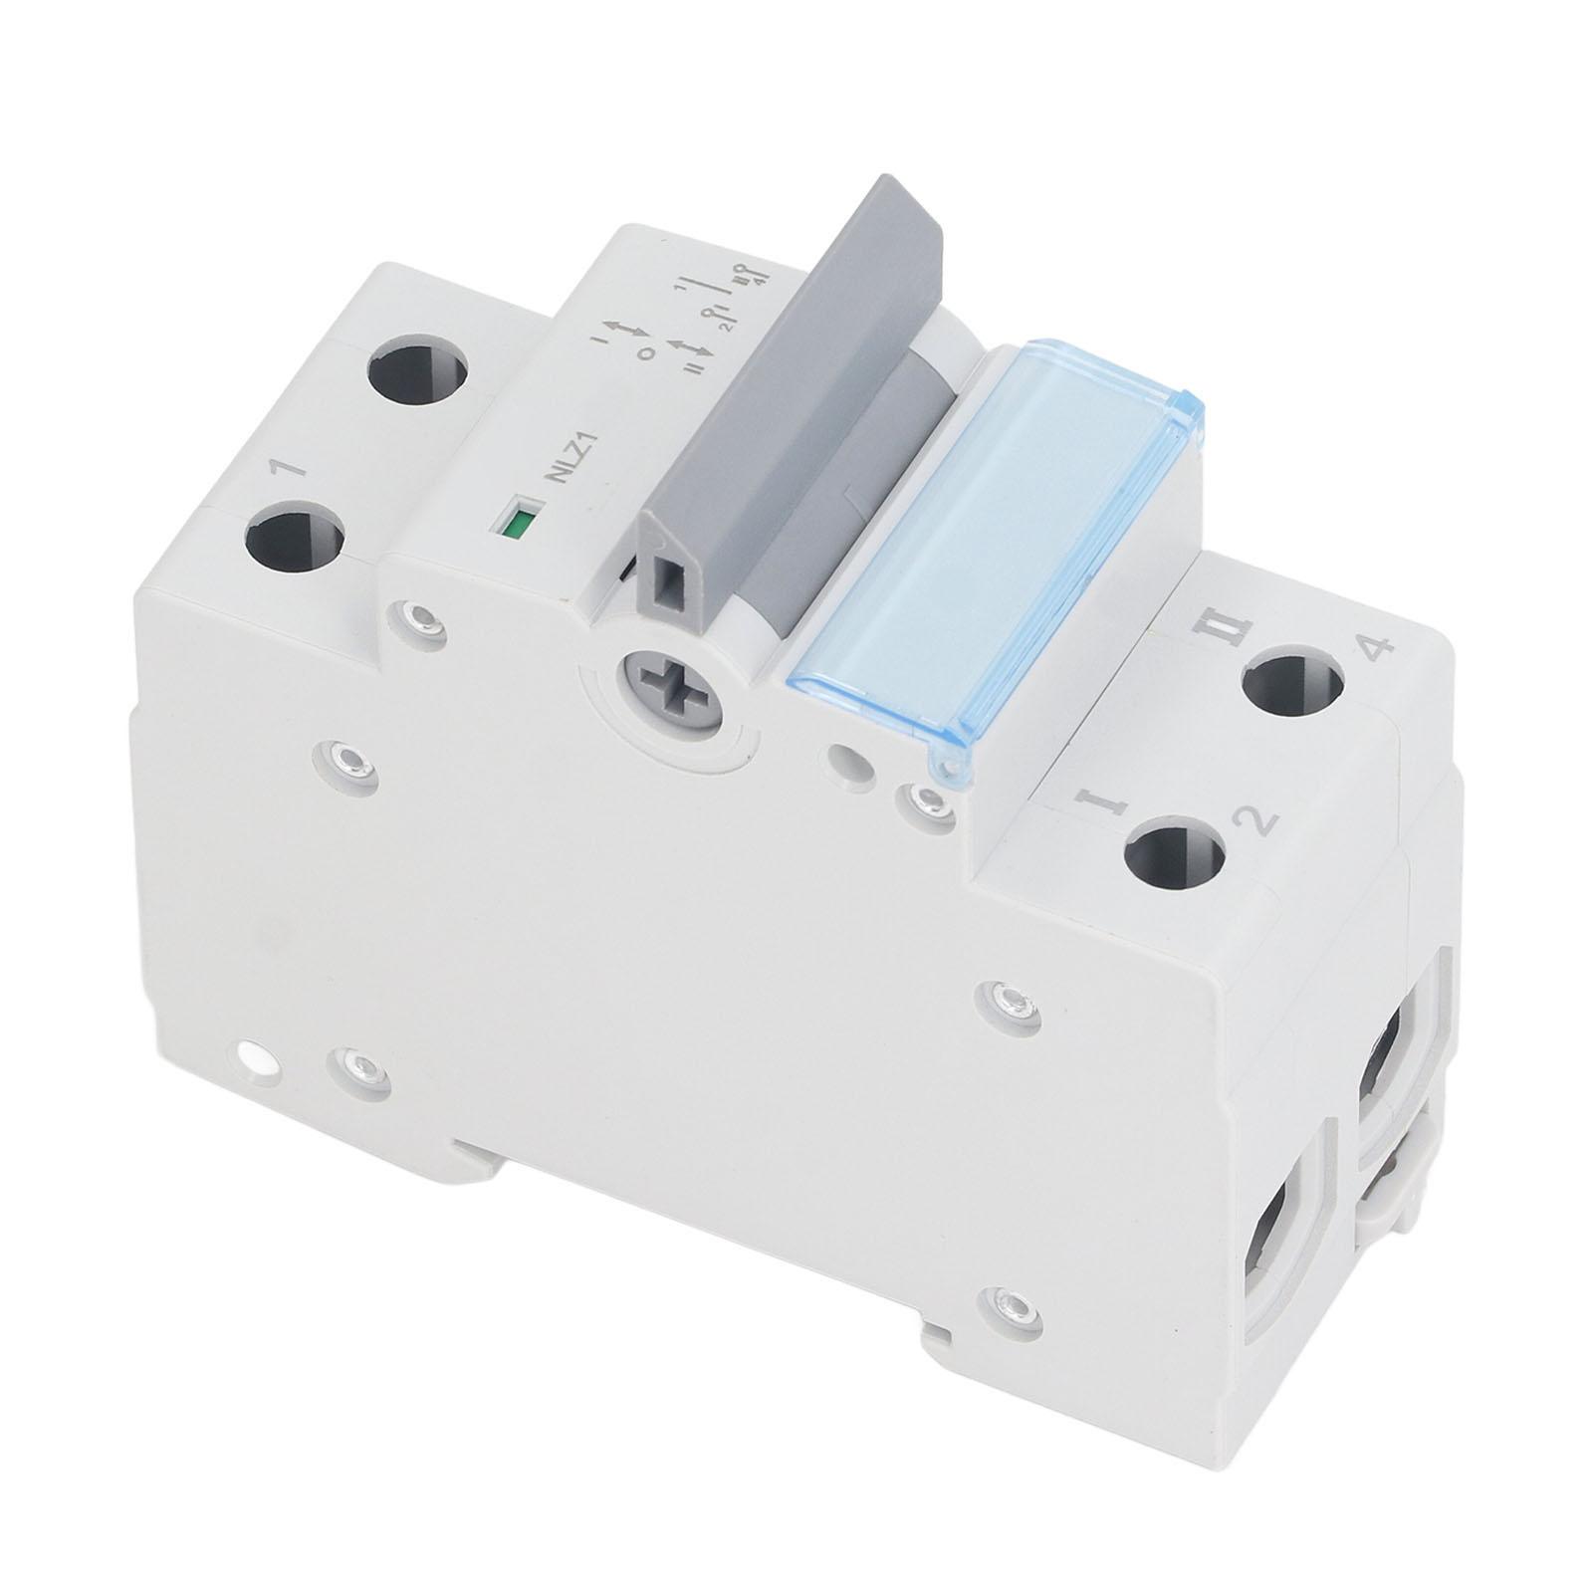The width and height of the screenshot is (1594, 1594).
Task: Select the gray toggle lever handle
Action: pos(797,378)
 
